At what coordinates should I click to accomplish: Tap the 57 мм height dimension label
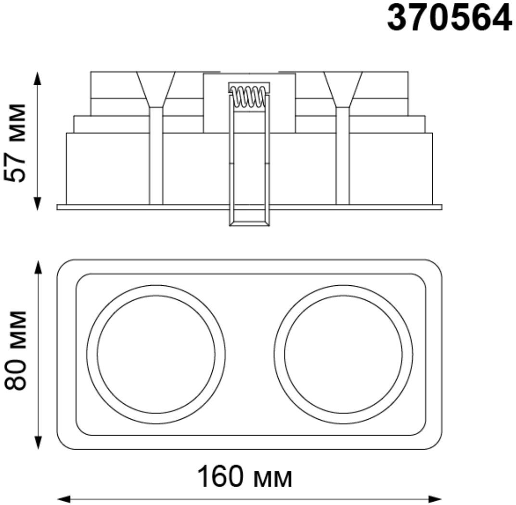pos(15,143)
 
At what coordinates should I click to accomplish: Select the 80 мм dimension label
pos(15,350)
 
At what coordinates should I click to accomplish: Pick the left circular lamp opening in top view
pos(156,354)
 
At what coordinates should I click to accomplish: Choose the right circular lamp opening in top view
pos(343,354)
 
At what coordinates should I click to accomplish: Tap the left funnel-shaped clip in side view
pos(156,89)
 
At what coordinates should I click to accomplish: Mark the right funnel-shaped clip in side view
pos(343,89)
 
